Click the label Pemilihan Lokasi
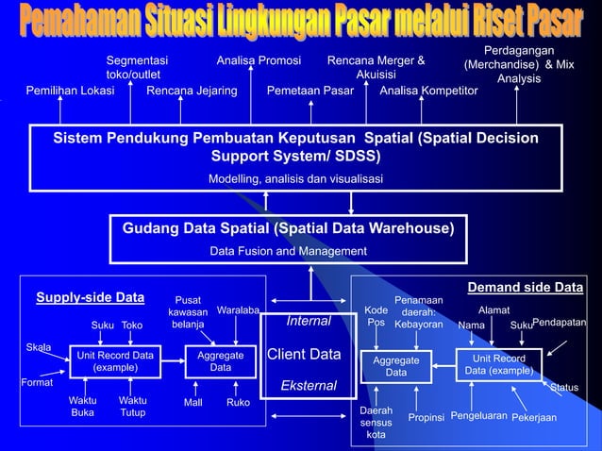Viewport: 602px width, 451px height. point(71,92)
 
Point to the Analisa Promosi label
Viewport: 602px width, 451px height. point(259,61)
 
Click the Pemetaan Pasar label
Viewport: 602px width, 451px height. point(310,92)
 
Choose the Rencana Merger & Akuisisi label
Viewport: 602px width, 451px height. point(376,68)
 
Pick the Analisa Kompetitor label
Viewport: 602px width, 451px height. point(428,92)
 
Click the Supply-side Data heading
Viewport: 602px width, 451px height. point(90,298)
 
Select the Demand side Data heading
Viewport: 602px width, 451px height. point(526,287)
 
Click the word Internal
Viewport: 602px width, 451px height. point(309,322)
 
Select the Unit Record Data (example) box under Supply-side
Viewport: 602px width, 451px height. point(116,361)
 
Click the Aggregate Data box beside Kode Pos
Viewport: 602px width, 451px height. point(396,367)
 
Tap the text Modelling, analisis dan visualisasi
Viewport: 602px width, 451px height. point(295,179)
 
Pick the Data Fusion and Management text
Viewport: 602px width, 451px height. point(288,251)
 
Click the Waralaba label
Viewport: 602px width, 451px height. point(238,310)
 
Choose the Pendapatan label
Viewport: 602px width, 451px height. point(560,324)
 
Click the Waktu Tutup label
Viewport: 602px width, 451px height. point(133,407)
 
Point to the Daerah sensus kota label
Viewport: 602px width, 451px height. point(376,424)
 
